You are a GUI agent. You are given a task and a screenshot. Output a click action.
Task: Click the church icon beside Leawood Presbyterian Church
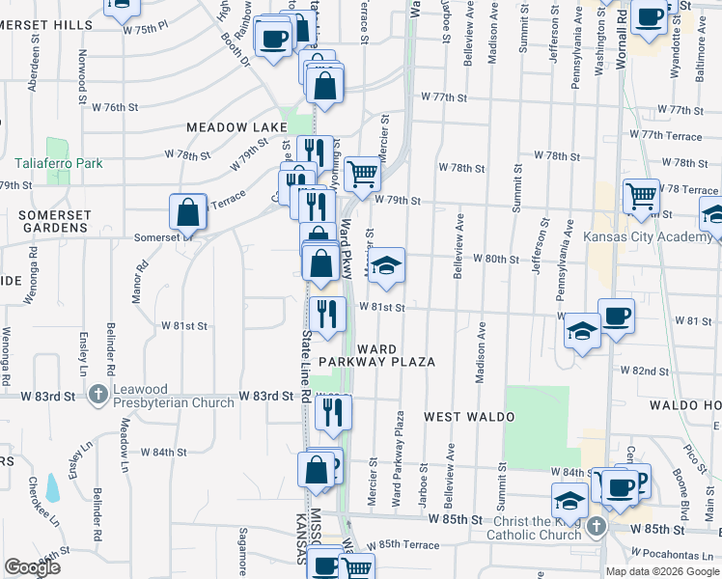click(x=97, y=395)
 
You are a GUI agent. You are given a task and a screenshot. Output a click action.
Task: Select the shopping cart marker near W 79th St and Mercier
click(x=362, y=175)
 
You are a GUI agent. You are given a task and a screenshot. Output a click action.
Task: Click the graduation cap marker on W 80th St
click(x=386, y=265)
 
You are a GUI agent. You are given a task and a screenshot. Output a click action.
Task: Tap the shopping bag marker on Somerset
click(x=187, y=212)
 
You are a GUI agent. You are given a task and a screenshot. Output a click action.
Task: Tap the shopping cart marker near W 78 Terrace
click(x=641, y=197)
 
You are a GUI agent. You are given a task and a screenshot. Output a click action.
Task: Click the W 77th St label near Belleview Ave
click(x=444, y=98)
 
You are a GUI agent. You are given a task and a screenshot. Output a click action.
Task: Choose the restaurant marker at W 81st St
click(x=326, y=314)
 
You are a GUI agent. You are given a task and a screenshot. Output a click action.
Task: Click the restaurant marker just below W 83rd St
click(x=333, y=412)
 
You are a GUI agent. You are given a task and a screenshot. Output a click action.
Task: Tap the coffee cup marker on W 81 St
click(x=616, y=317)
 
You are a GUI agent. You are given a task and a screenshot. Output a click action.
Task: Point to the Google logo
click(x=32, y=567)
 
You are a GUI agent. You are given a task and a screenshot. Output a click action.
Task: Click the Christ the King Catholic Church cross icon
click(x=597, y=527)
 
